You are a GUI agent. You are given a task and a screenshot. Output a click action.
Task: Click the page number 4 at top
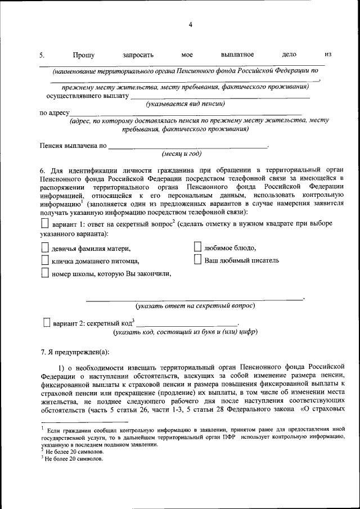tap(191, 25)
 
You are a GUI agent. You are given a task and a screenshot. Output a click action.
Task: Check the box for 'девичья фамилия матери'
tap(46, 247)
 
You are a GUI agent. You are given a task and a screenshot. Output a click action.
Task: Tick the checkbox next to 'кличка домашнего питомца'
tap(46, 260)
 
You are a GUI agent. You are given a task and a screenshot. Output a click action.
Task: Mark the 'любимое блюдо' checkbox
tap(197, 247)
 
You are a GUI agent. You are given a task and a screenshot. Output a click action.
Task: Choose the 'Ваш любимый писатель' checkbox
tap(197, 259)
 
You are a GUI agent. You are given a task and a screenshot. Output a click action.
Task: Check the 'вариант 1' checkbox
tap(46, 223)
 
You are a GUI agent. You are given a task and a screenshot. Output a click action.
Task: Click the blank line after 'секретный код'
tap(187, 325)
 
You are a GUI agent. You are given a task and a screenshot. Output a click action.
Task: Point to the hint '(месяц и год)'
tap(181, 154)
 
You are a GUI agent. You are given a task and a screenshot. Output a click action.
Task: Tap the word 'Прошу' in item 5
tap(83, 55)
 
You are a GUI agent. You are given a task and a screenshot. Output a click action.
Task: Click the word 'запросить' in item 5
tap(138, 55)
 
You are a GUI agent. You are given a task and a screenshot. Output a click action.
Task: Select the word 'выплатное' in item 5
tap(237, 55)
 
